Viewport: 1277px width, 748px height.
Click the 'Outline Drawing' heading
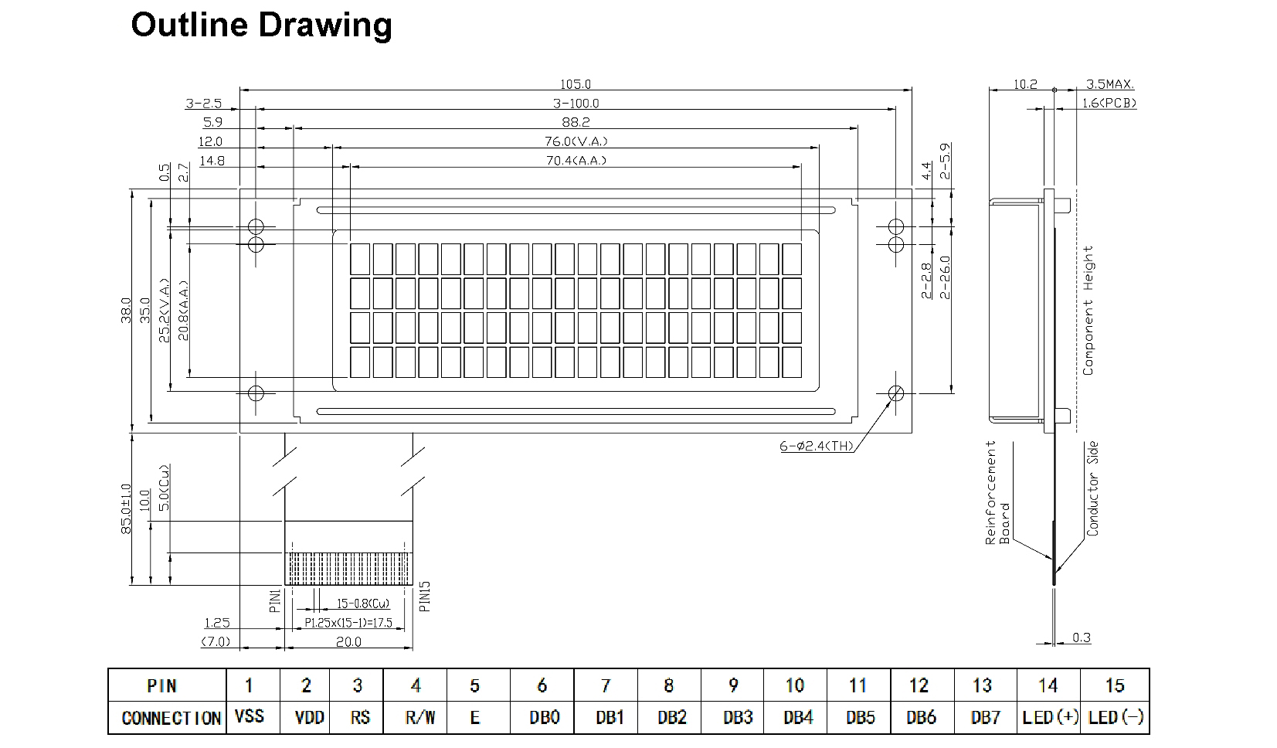pos(261,25)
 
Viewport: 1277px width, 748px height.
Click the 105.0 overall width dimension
pos(575,84)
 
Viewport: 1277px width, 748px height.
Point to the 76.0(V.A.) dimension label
pos(576,141)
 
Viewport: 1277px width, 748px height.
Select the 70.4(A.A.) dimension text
pos(576,161)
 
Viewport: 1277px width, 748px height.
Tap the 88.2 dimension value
pos(576,122)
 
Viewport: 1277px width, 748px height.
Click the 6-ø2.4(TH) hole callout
pos(817,446)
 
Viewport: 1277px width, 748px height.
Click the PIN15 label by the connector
pos(424,596)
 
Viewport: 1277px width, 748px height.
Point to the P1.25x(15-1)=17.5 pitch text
pos(348,622)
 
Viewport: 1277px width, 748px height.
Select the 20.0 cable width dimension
pos(348,641)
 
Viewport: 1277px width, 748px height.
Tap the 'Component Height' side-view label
pos(1088,311)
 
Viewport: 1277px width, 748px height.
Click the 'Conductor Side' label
pos(1092,488)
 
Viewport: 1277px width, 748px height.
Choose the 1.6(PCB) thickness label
pos(1109,103)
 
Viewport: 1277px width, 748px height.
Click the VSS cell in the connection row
pos(248,716)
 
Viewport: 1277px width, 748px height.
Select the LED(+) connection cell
pos(1049,717)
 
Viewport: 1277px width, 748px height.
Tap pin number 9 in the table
pos(732,685)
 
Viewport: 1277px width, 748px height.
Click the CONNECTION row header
pos(171,718)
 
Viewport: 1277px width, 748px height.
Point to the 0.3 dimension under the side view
pos(1082,637)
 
